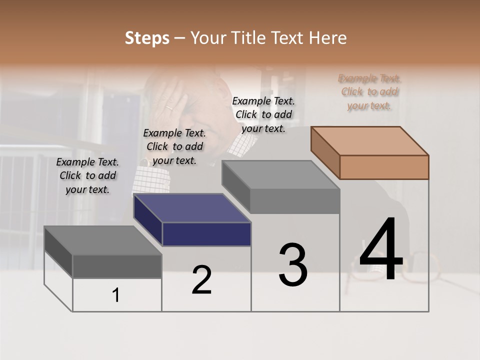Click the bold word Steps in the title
(147, 38)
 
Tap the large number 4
(381, 250)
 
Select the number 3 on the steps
(293, 265)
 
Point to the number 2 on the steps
(201, 280)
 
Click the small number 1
(116, 295)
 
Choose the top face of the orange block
(369, 140)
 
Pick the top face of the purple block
(192, 207)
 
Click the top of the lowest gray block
(102, 240)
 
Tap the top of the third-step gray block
(280, 174)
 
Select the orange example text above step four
(369, 92)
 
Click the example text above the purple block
(174, 146)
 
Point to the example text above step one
(87, 175)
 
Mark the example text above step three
(263, 114)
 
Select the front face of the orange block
(384, 167)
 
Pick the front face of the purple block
(206, 234)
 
